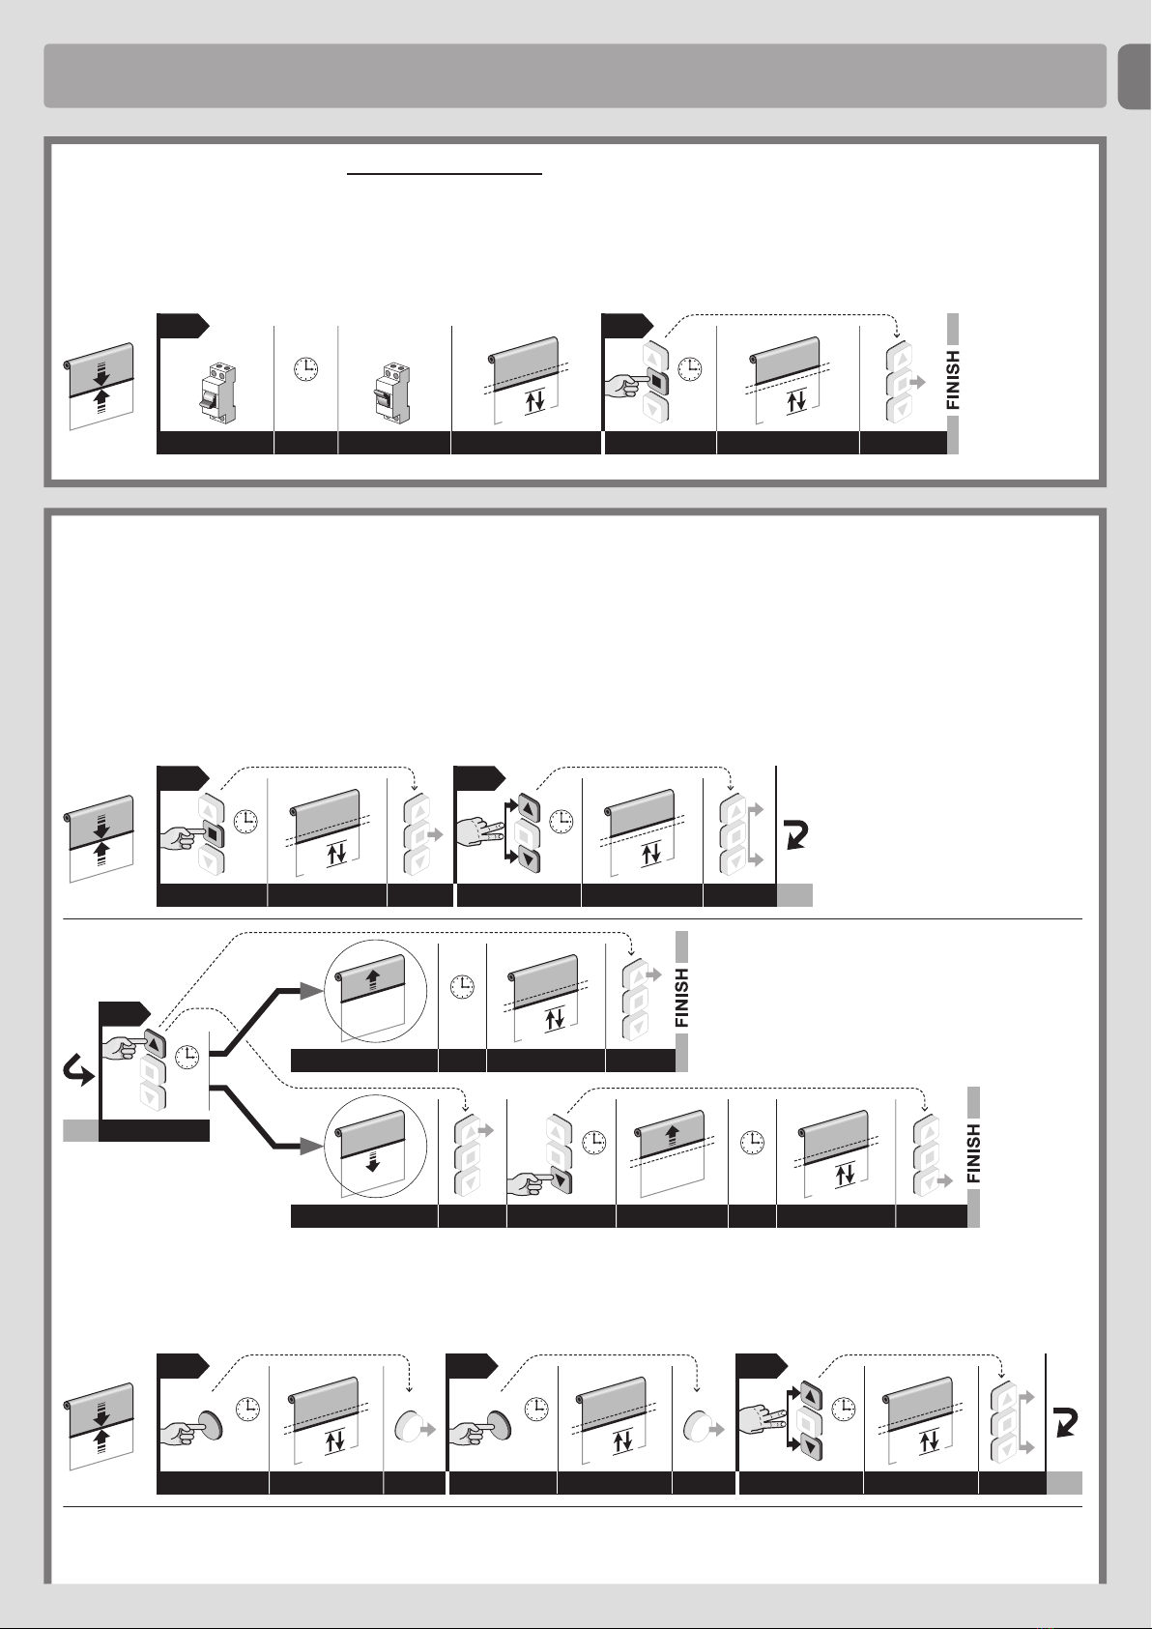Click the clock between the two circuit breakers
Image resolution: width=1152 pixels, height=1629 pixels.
point(306,369)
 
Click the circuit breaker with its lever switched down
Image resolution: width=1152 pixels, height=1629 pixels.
point(216,394)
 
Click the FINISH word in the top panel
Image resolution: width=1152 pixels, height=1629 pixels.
point(954,380)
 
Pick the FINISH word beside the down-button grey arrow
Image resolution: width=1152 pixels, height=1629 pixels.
point(974,1153)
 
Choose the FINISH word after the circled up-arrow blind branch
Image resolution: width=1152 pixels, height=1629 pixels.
point(681,997)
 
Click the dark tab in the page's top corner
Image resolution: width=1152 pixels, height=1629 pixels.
point(1136,76)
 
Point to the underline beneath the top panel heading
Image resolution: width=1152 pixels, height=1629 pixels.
point(445,175)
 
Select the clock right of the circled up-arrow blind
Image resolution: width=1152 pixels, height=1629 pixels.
point(462,986)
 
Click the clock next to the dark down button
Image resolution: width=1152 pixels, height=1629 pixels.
point(594,1141)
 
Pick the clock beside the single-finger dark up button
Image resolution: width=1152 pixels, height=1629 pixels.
point(187,1056)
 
